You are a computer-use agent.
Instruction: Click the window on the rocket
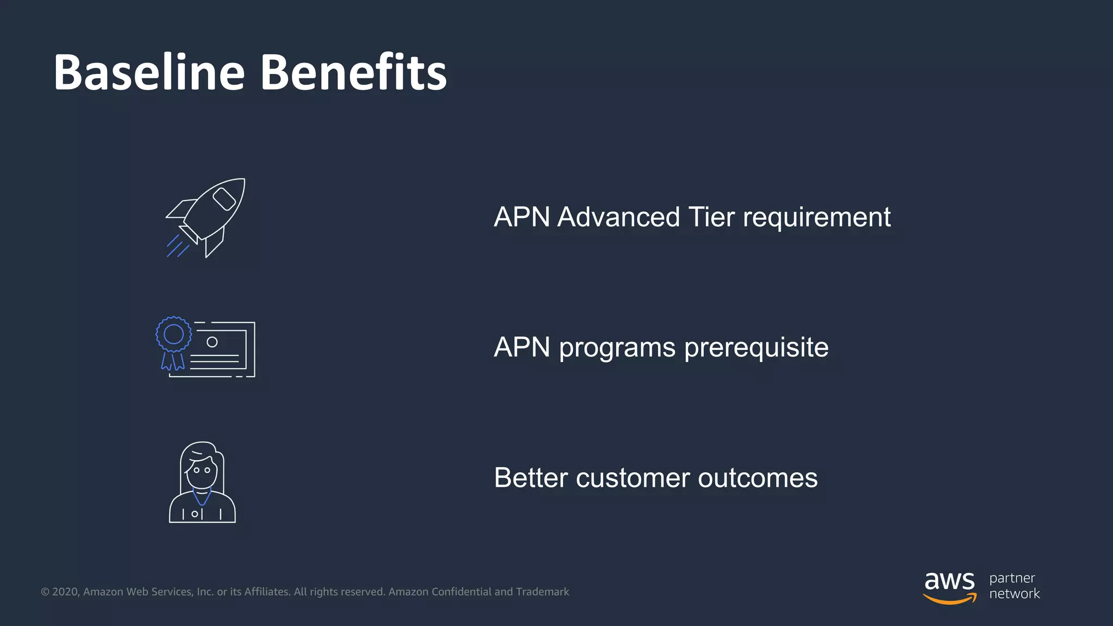224,199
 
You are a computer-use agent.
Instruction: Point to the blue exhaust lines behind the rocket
177,246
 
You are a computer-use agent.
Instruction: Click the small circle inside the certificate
212,342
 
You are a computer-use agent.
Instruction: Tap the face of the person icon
202,472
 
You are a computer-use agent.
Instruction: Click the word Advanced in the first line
618,217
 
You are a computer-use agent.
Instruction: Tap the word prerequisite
756,348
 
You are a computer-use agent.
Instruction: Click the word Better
531,478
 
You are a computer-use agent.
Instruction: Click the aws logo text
949,581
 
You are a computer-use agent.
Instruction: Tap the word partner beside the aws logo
1012,578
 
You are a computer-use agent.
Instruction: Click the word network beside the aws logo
1014,594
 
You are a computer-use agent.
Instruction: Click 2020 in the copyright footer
65,592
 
